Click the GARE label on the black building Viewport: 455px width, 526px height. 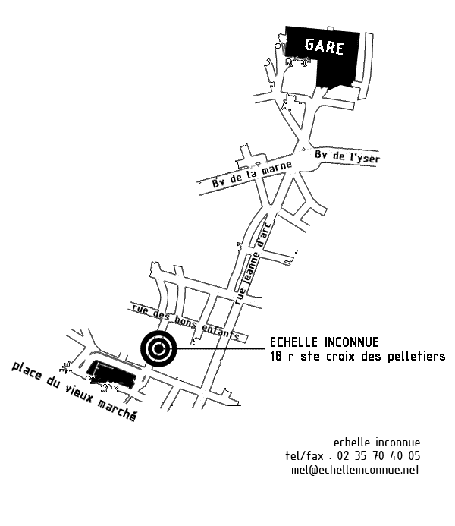(325, 47)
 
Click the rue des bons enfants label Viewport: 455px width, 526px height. (186, 322)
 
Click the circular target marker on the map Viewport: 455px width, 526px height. (158, 349)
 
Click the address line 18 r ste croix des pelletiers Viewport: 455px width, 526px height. (357, 356)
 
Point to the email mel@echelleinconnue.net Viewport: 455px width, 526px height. (355, 470)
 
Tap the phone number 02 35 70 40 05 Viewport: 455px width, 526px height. (377, 456)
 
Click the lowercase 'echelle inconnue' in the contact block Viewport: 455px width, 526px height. (376, 443)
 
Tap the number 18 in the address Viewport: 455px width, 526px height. (276, 356)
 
